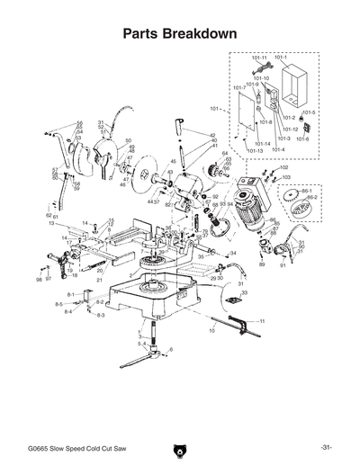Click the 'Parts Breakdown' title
[180, 33]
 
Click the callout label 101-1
[282, 58]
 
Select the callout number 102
[283, 167]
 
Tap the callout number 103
[285, 177]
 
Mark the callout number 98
[38, 280]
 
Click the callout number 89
[262, 266]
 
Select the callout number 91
[282, 266]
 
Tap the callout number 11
[262, 321]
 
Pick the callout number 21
[100, 280]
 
